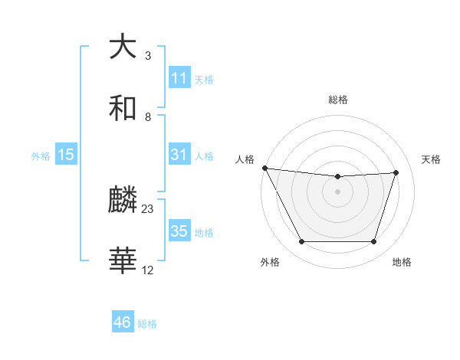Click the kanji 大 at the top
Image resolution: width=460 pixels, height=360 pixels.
pyautogui.click(x=123, y=46)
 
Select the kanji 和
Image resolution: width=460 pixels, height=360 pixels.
pyautogui.click(x=123, y=108)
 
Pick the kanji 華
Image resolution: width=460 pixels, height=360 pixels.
pyautogui.click(x=123, y=261)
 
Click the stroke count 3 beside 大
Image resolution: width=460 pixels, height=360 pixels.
pyautogui.click(x=147, y=56)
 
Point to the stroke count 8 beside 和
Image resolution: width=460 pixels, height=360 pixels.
pyautogui.click(x=147, y=117)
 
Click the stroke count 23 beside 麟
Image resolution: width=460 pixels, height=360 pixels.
pyautogui.click(x=148, y=209)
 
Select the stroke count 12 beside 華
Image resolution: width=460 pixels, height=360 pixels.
pyautogui.click(x=148, y=270)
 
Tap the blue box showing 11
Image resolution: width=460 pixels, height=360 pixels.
pyautogui.click(x=179, y=78)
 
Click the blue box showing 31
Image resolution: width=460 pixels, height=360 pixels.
pyautogui.click(x=179, y=155)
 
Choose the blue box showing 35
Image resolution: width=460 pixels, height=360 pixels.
pyautogui.click(x=179, y=231)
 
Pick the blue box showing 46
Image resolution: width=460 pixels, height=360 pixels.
pyautogui.click(x=123, y=322)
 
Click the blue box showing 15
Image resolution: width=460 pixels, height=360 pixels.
pyautogui.click(x=66, y=155)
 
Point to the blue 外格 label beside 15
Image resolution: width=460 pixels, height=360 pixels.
pyautogui.click(x=41, y=155)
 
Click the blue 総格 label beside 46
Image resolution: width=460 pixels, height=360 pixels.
pyautogui.click(x=147, y=324)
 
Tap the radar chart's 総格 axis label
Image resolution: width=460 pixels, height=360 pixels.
pyautogui.click(x=337, y=100)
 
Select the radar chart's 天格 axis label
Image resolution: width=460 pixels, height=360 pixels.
pyautogui.click(x=432, y=159)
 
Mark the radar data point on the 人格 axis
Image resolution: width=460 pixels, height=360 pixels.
pyautogui.click(x=264, y=168)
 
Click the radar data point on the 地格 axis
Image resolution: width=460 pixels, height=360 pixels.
pyautogui.click(x=373, y=242)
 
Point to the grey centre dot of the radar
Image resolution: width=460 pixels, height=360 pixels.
pyautogui.click(x=337, y=191)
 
